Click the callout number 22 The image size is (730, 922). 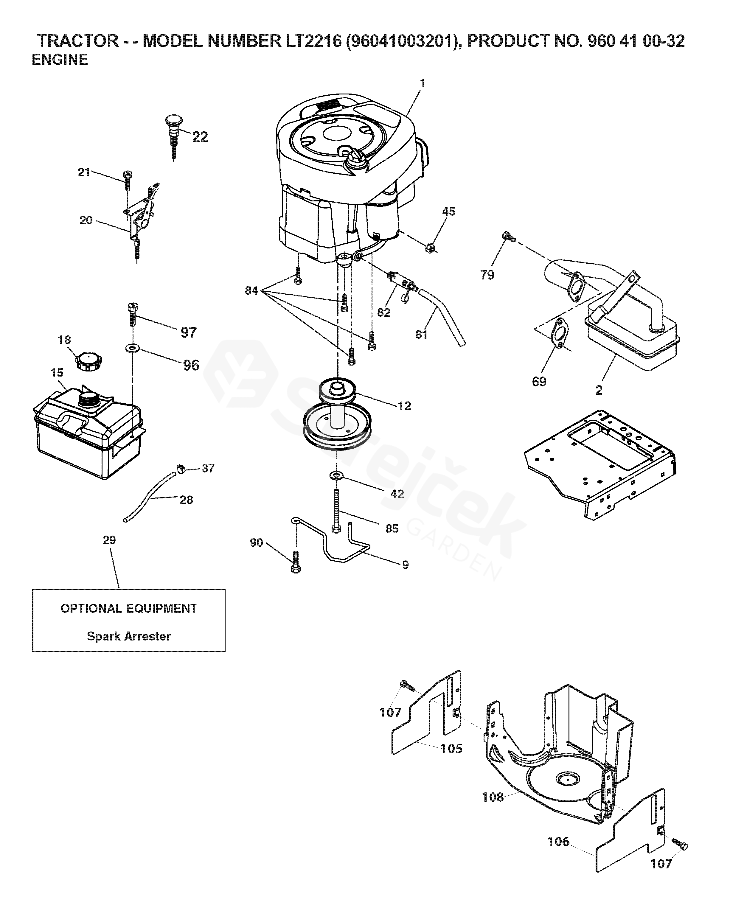click(x=200, y=137)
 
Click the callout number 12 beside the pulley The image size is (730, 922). click(x=404, y=405)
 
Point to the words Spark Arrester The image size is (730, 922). click(x=129, y=636)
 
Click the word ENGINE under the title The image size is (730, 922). click(x=60, y=60)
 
